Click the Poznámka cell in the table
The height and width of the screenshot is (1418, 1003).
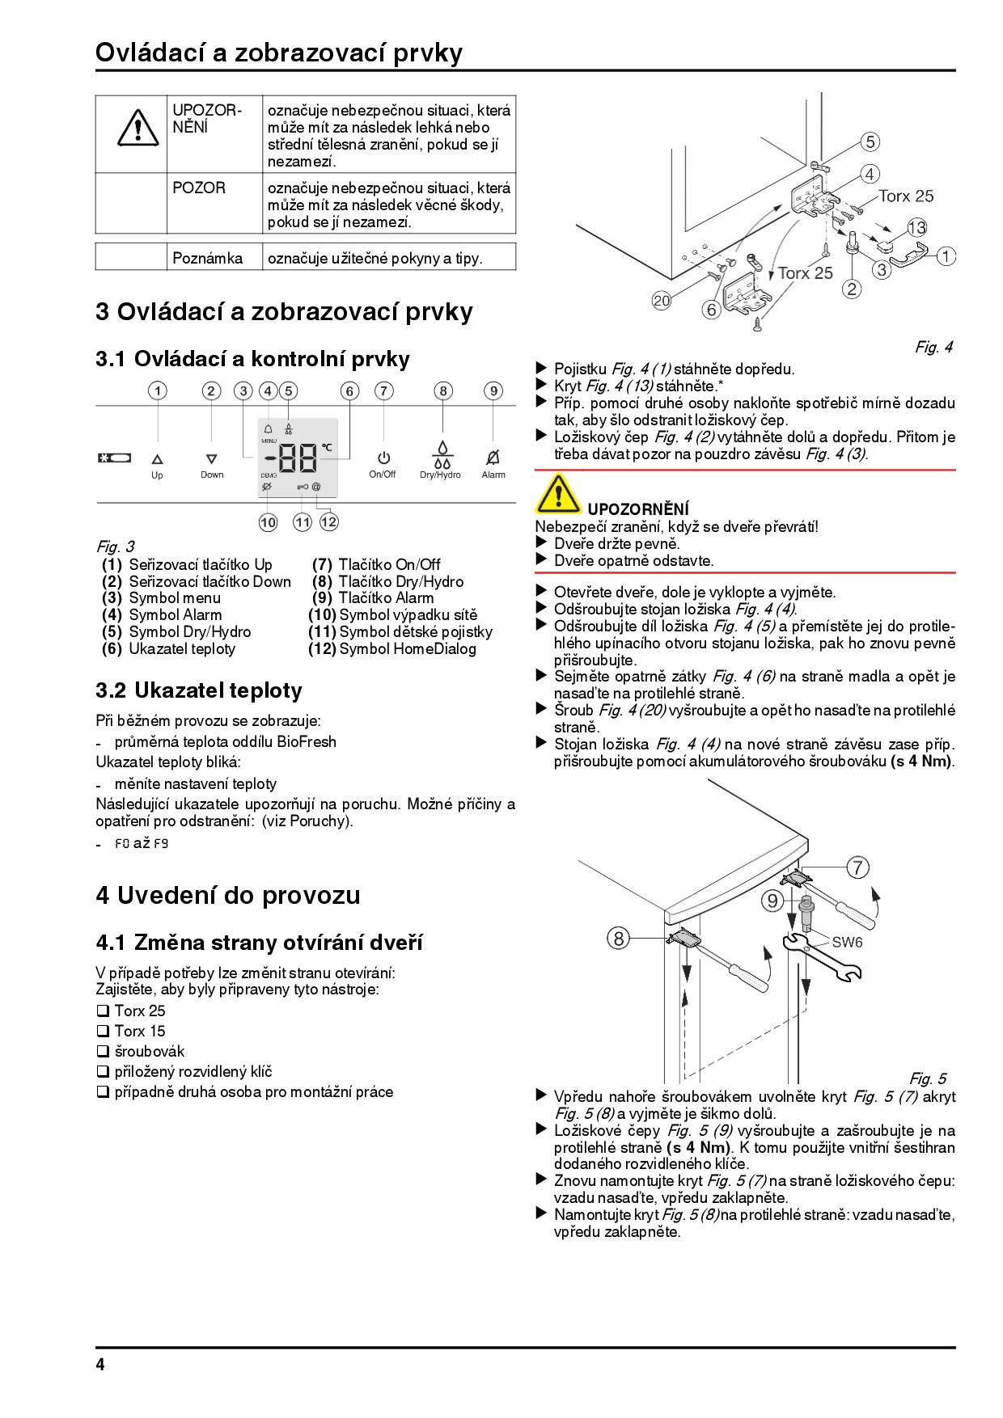207,259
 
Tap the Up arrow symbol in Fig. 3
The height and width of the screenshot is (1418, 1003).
157,458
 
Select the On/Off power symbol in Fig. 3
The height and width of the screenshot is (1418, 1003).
383,458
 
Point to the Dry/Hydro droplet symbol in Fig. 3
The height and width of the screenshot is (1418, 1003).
442,454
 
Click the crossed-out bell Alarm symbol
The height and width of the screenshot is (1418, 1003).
493,458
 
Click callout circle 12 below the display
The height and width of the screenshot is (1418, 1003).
328,522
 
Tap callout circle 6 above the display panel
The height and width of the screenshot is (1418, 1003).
349,391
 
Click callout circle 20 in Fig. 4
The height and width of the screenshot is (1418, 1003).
662,301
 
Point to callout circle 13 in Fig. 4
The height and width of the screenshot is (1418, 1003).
916,227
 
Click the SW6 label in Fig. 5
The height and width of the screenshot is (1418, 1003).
847,943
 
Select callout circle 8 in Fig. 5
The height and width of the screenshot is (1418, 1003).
618,938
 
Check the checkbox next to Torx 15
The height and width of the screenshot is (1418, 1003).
102,1032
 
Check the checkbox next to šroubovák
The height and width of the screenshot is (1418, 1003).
102,1052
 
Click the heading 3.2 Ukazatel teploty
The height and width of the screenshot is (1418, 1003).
199,690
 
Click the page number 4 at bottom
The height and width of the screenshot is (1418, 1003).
100,1365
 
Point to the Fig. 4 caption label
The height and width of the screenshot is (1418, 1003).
933,348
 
